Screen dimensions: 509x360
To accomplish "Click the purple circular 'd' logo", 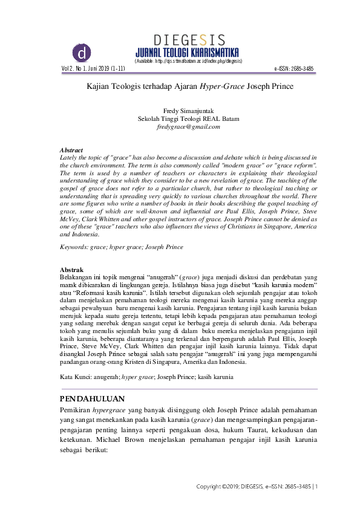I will coord(81,53).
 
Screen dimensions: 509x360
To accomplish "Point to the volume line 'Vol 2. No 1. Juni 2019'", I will coord(93,69).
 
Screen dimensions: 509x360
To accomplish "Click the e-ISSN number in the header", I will coord(294,69).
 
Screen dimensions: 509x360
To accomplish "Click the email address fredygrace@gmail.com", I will coord(188,127).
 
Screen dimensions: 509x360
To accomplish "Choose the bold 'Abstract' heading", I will coord(71,149).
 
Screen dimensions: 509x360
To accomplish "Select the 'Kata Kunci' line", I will coord(146,376).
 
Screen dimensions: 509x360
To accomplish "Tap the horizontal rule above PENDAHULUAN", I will coord(188,389).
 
